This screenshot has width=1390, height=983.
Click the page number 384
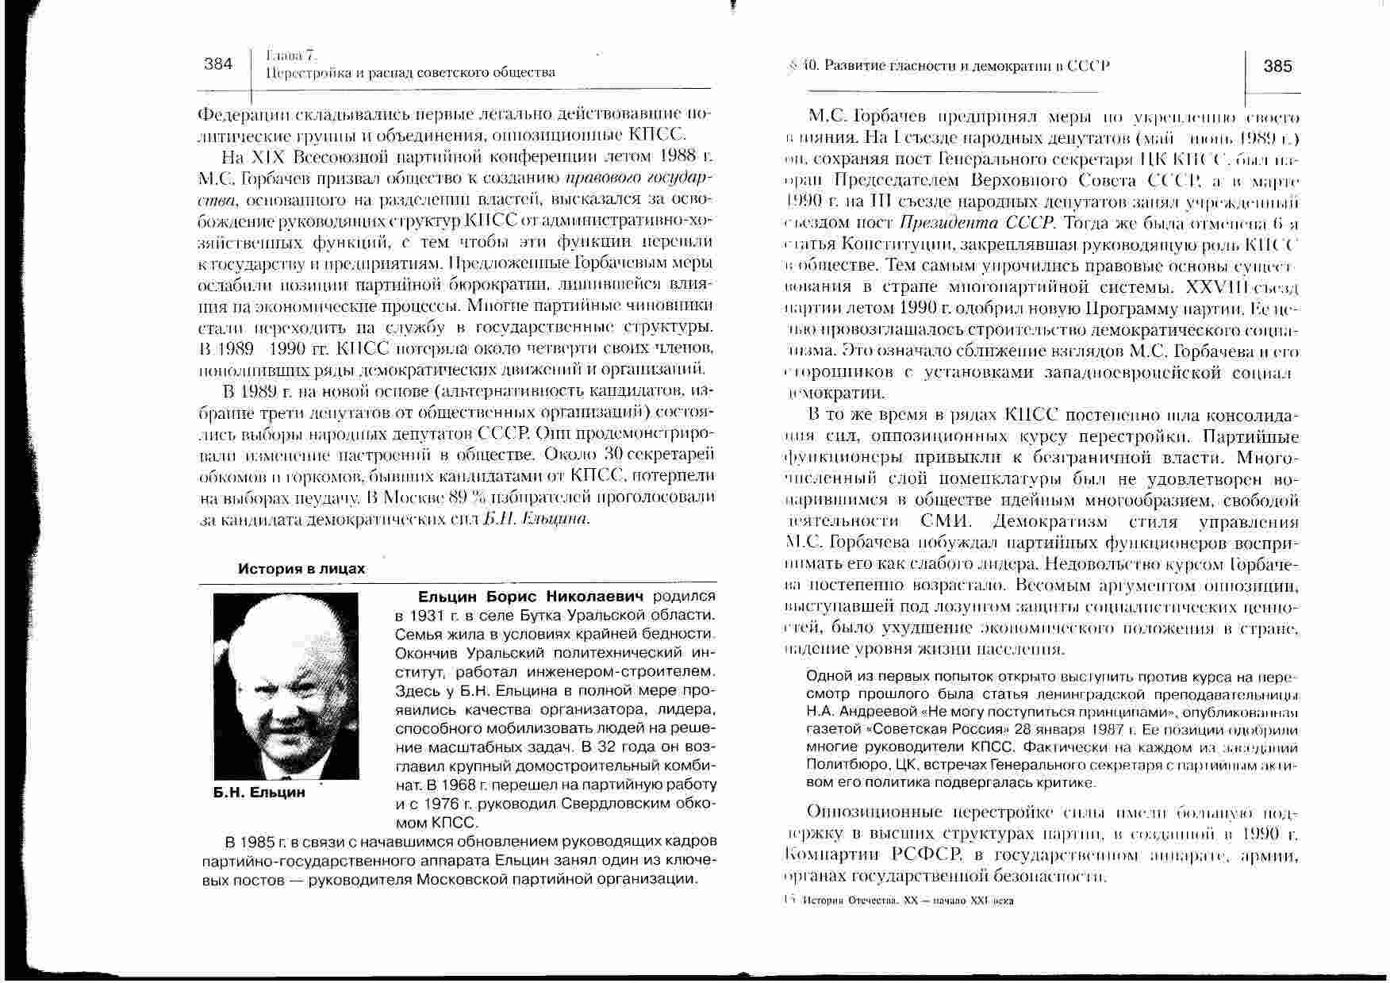218,64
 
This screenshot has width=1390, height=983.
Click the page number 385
1278,67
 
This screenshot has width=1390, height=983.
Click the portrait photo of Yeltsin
286,686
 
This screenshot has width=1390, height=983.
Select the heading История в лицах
302,569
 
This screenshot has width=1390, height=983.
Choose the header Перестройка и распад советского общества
410,73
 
